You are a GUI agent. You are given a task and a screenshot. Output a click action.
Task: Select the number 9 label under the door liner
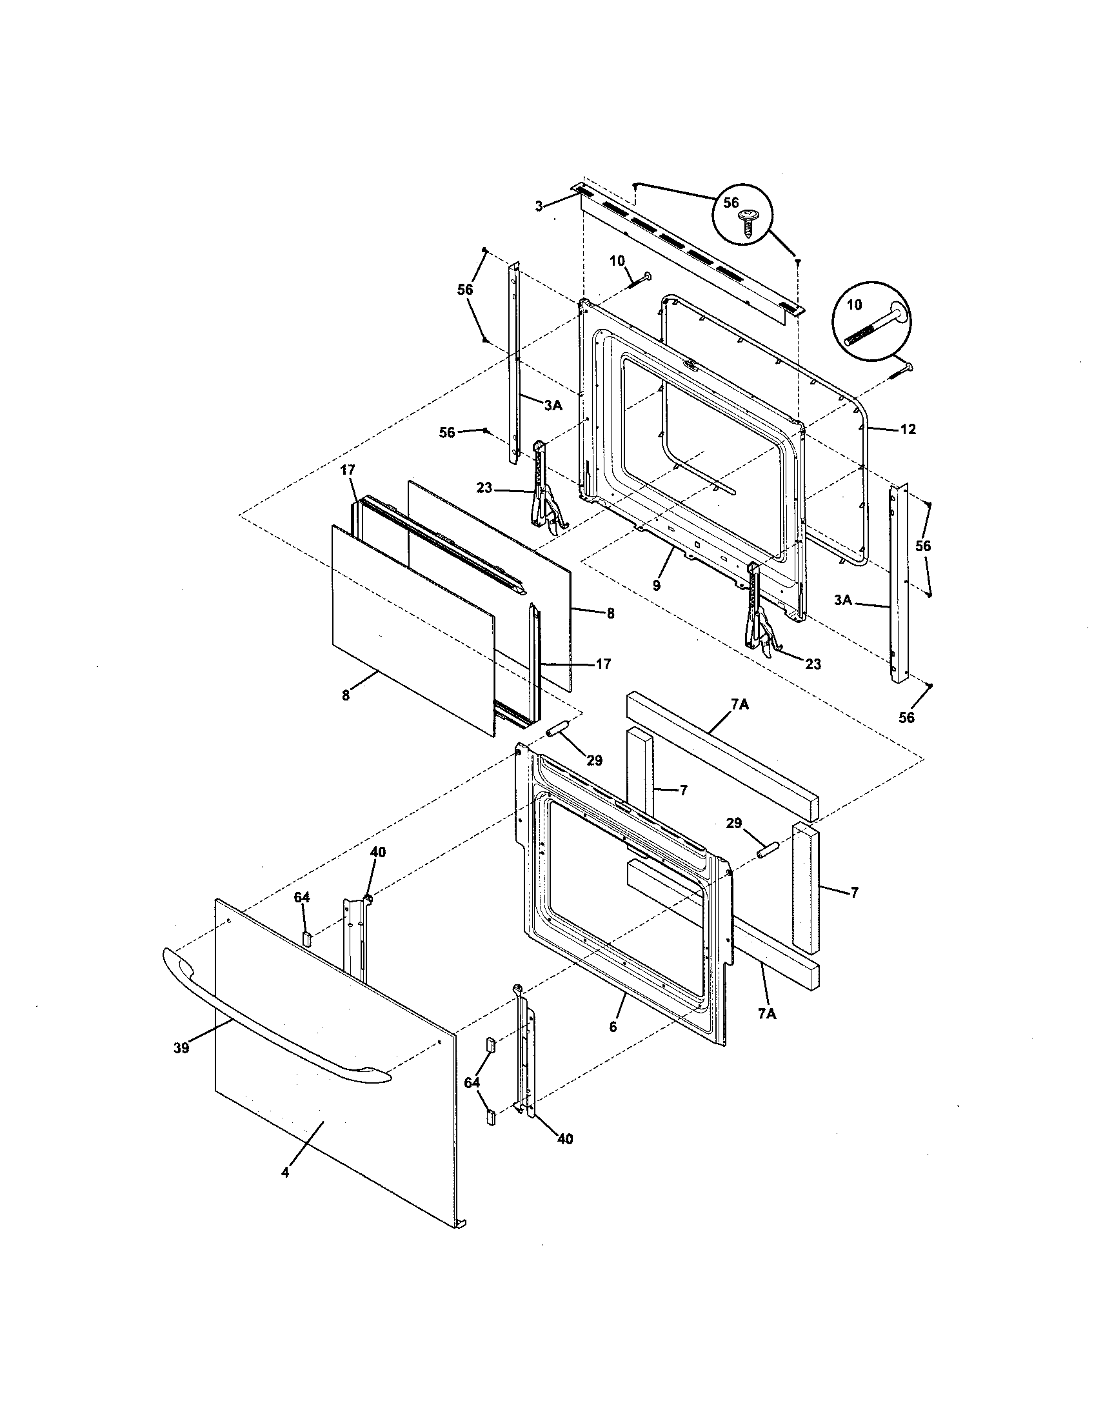click(657, 586)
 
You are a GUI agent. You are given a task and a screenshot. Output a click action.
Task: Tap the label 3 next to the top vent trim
click(538, 206)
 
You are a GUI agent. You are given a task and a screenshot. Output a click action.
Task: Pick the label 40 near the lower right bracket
click(564, 1138)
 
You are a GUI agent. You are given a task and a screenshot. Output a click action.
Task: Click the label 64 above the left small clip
click(302, 897)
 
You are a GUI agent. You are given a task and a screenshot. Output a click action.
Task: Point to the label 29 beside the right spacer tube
click(733, 823)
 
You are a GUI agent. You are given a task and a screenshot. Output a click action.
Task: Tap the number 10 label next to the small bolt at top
click(617, 261)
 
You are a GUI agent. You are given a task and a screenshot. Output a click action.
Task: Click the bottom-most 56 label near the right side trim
click(906, 717)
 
